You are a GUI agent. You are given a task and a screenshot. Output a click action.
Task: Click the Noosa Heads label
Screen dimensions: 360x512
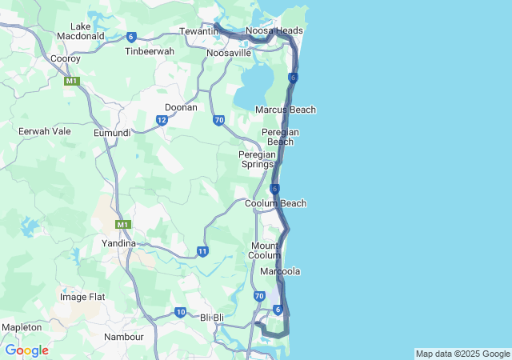point(274,30)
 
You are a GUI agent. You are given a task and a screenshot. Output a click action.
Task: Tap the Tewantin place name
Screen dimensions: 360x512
point(198,30)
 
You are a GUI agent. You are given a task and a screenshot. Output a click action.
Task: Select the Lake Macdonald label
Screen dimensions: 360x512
point(81,31)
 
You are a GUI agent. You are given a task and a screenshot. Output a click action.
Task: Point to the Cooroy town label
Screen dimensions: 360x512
point(65,58)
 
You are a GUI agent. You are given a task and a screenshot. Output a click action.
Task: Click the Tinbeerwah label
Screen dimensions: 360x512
point(150,51)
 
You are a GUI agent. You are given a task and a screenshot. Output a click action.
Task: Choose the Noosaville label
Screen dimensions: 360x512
point(230,53)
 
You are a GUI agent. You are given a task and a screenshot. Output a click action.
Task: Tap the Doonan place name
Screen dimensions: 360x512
point(181,106)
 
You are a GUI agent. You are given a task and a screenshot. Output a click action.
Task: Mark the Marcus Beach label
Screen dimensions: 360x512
point(285,110)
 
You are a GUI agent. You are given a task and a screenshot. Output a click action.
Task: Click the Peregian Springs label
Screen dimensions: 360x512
point(257,159)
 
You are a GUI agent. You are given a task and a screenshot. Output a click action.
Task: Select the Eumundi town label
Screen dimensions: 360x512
point(112,132)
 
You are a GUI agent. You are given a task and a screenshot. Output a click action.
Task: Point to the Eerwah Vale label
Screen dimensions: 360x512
point(44,130)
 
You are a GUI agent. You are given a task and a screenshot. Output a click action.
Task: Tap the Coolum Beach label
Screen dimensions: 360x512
point(275,203)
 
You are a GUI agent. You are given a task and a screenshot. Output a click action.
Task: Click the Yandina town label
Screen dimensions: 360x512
point(118,242)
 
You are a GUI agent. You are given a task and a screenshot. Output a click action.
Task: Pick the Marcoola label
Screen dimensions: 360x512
point(280,271)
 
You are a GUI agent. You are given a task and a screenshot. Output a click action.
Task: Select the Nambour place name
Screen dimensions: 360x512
point(124,337)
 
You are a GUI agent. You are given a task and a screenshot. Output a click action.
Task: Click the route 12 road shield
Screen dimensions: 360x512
point(162,120)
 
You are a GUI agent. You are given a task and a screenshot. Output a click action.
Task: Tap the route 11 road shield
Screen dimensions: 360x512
point(202,251)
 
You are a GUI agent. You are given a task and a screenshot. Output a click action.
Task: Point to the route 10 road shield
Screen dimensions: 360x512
point(180,312)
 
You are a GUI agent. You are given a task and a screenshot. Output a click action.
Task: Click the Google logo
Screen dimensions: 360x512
point(27,350)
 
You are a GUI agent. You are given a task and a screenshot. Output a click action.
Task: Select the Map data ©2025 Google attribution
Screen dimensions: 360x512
point(462,354)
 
